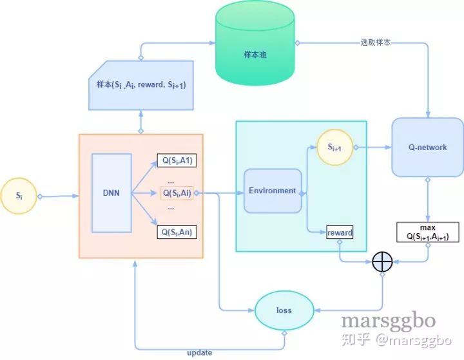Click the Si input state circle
[x=20, y=194]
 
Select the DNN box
[x=111, y=193]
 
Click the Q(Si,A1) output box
[x=176, y=161]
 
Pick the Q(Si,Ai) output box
[x=176, y=193]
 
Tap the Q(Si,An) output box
[x=176, y=232]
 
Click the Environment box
[x=273, y=191]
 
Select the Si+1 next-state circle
[x=333, y=147]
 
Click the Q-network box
[x=427, y=147]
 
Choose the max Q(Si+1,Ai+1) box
[x=429, y=233]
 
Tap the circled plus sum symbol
[x=383, y=261]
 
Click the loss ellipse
[x=284, y=310]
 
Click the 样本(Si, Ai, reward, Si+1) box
[x=140, y=84]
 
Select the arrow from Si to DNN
[x=59, y=194]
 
